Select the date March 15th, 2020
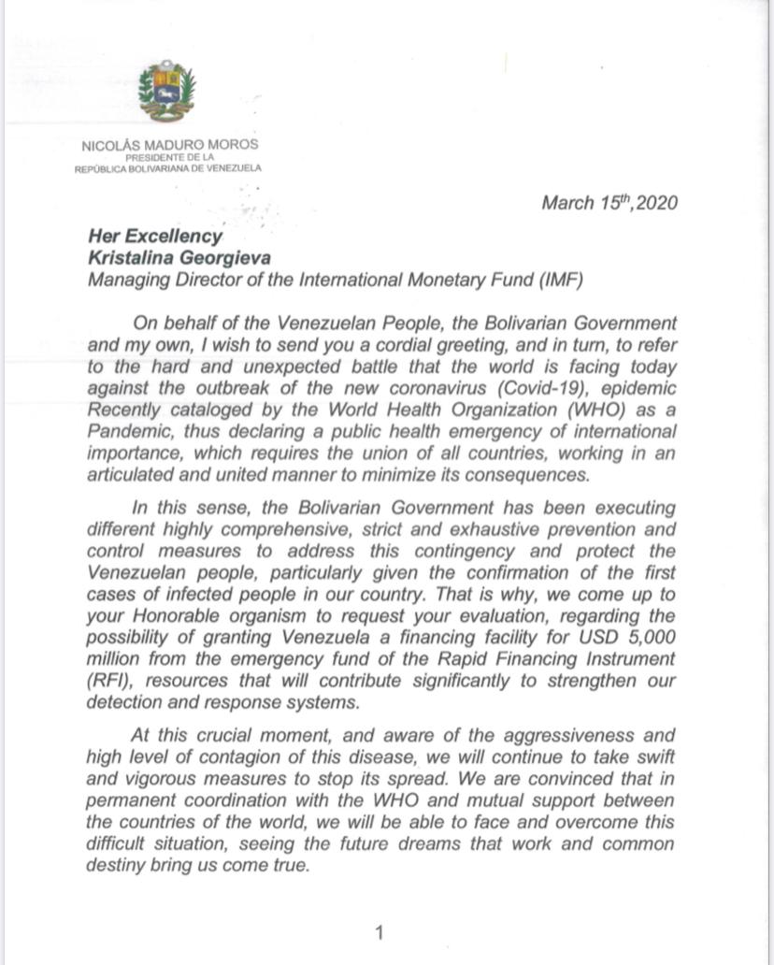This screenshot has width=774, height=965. point(609,203)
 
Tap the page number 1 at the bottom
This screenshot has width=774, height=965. point(380,932)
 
